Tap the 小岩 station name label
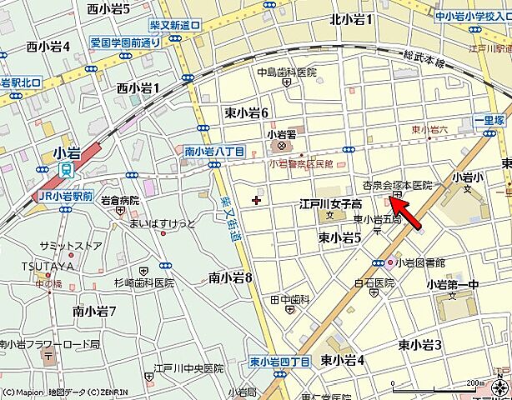[69, 154]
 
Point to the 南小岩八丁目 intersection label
[214, 151]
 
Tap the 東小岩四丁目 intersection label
[279, 362]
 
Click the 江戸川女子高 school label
[331, 204]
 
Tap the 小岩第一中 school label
[452, 284]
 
